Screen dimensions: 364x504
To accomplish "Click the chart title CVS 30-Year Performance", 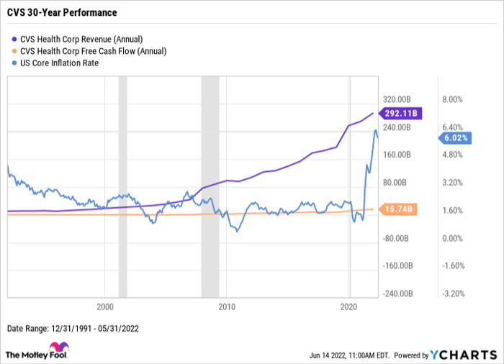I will (x=63, y=13).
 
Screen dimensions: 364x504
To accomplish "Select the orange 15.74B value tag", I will (x=398, y=209).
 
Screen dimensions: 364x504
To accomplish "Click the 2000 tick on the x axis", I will (x=105, y=305).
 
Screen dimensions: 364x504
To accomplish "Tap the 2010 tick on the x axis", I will (x=227, y=305).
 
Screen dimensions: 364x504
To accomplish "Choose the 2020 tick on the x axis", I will (x=349, y=305).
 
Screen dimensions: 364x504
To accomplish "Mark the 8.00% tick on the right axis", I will (x=453, y=99).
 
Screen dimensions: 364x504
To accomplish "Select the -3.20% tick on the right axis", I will (x=452, y=294).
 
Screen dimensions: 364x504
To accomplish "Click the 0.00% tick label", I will (x=453, y=238).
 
